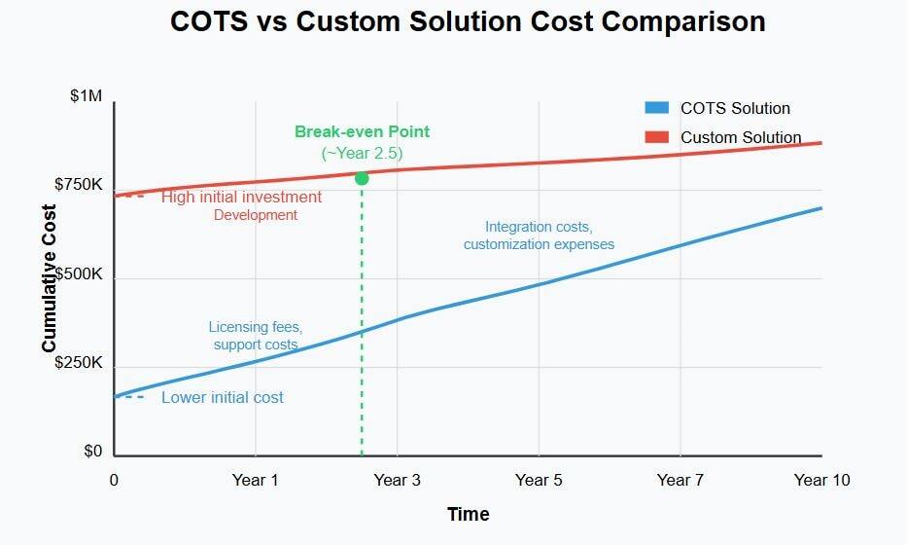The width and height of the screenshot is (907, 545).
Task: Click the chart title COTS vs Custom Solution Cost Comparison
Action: pyautogui.click(x=468, y=22)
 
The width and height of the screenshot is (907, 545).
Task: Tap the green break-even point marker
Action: pyautogui.click(x=362, y=178)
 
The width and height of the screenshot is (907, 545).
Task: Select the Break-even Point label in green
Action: pyautogui.click(x=362, y=132)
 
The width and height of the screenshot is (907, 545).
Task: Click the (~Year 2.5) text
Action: pyautogui.click(x=362, y=153)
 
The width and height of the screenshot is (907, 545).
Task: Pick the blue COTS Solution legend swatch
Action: pyautogui.click(x=656, y=108)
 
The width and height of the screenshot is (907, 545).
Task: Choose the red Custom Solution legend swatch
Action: pyautogui.click(x=656, y=137)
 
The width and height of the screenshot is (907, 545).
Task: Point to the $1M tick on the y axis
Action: pyautogui.click(x=86, y=96)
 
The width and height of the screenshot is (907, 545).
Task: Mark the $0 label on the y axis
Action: pyautogui.click(x=92, y=452)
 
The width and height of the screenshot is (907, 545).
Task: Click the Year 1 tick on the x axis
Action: pyautogui.click(x=256, y=480)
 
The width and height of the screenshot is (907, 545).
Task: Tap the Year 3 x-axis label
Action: pyautogui.click(x=398, y=480)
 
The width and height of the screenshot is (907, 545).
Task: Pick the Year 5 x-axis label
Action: pyautogui.click(x=539, y=480)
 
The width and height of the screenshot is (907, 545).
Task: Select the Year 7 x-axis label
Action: pyautogui.click(x=680, y=480)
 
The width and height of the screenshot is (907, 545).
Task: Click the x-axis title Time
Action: pyautogui.click(x=468, y=514)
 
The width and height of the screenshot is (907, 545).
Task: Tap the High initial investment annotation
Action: pyautogui.click(x=241, y=197)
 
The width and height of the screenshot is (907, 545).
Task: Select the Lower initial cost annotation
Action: pyautogui.click(x=223, y=397)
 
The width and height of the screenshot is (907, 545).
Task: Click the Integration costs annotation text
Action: pyautogui.click(x=539, y=227)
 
